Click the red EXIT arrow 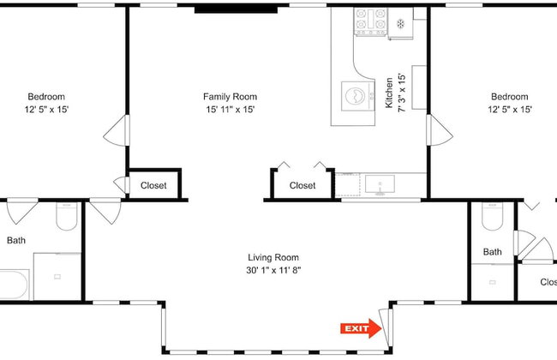tap(361, 328)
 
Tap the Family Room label tap(230, 97)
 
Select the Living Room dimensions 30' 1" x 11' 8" tap(273, 270)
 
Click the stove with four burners tap(370, 21)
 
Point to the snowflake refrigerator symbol tap(401, 24)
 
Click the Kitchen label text tap(389, 93)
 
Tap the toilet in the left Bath tap(67, 216)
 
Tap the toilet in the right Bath tap(492, 216)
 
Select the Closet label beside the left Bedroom tap(153, 185)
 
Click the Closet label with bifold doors tap(302, 185)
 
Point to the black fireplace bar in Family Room tap(236, 9)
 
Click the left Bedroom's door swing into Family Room tap(117, 130)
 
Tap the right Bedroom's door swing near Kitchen tap(440, 130)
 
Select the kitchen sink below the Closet tap(380, 184)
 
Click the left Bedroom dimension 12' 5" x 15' tap(46, 110)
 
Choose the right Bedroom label tap(509, 97)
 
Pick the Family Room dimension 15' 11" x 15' tap(231, 110)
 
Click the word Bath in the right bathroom tap(493, 252)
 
